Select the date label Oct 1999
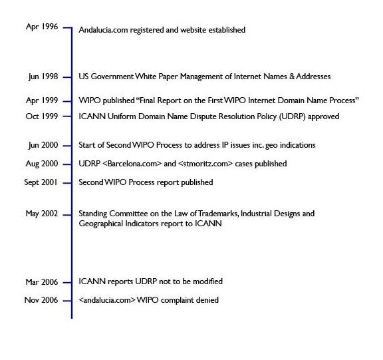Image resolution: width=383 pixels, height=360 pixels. pos(41,116)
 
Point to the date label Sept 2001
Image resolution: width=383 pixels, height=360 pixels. pos(41,182)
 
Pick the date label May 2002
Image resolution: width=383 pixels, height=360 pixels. pos(41,214)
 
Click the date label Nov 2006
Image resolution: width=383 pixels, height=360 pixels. pos(41,300)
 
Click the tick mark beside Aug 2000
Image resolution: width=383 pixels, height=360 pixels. pos(66,164)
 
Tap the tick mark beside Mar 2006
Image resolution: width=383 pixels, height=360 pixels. pos(66,282)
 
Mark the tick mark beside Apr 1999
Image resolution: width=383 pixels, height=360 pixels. pos(66,100)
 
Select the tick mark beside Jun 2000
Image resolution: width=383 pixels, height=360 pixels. pos(66,145)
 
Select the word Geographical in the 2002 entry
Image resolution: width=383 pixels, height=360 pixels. pos(102,224)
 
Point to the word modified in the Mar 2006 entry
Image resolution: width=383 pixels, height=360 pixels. pos(206,281)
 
